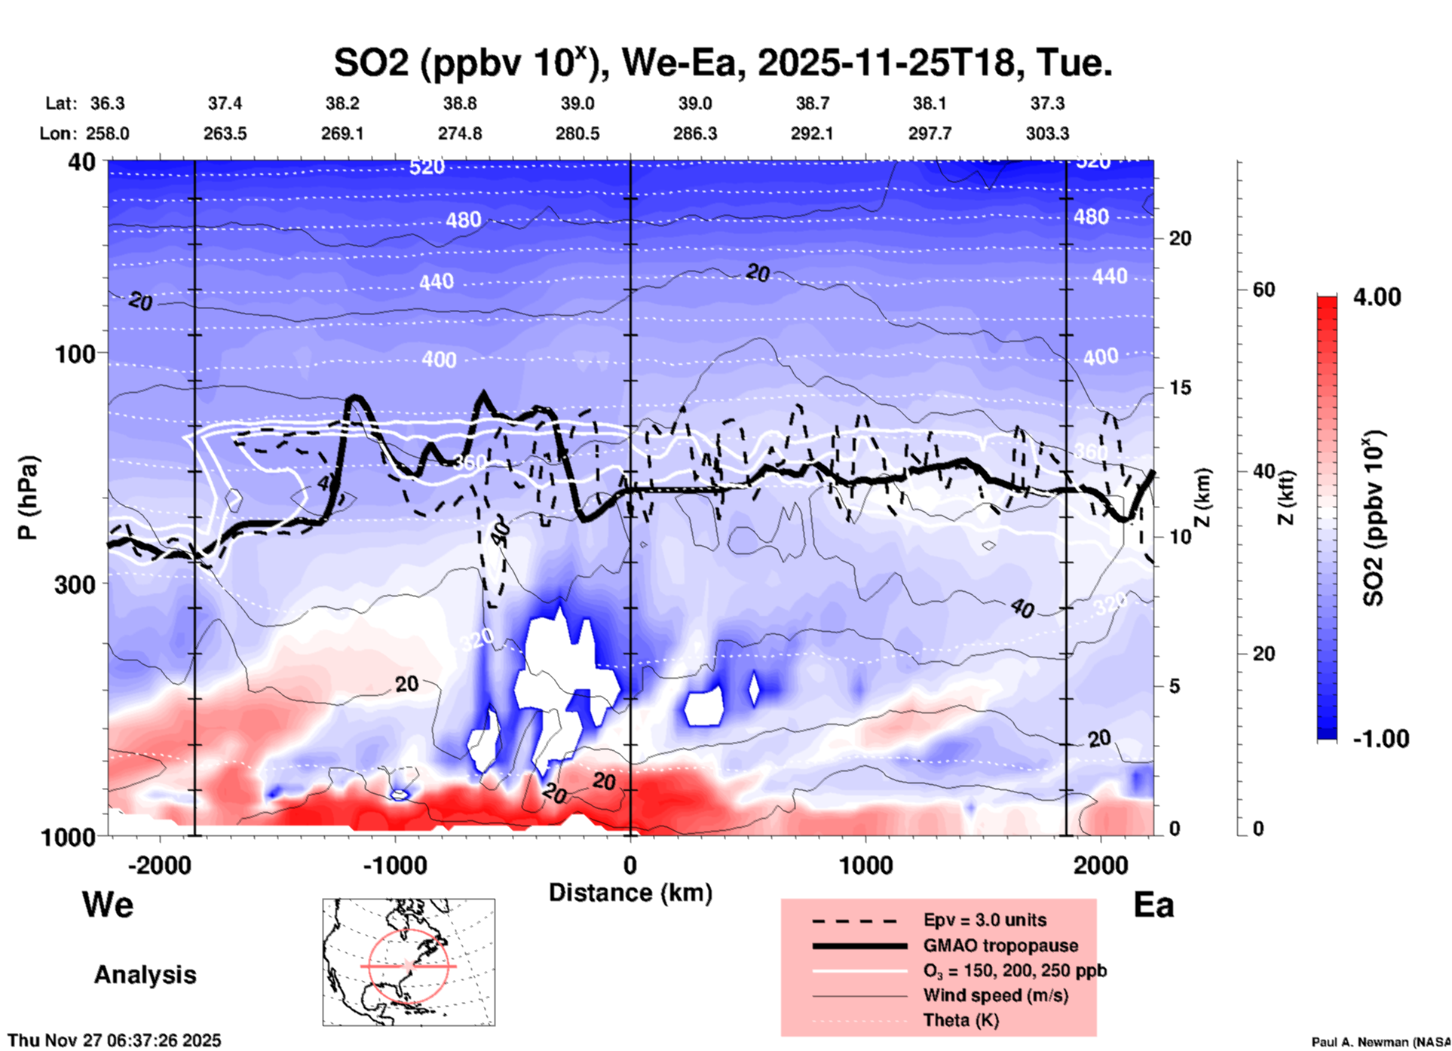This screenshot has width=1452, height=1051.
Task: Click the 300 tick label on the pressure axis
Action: tap(75, 584)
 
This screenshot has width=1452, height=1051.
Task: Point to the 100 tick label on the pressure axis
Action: tap(75, 354)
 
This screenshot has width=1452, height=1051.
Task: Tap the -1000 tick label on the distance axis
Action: tap(394, 866)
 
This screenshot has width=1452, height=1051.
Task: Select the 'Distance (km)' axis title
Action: tap(630, 893)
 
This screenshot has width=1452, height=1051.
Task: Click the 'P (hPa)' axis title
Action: tap(28, 498)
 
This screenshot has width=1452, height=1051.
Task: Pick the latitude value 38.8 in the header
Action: tap(459, 103)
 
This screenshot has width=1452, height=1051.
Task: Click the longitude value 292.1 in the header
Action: tap(812, 133)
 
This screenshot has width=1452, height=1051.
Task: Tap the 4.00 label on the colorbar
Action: tap(1377, 297)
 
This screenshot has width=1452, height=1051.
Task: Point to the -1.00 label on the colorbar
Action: tap(1380, 739)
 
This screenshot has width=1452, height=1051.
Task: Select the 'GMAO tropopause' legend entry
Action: tap(1000, 945)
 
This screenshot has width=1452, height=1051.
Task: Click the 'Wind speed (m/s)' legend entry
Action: tap(995, 995)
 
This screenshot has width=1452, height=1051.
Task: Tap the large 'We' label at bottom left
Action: tap(108, 905)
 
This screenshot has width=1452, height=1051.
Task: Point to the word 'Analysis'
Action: tap(145, 975)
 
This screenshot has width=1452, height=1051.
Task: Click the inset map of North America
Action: tap(409, 962)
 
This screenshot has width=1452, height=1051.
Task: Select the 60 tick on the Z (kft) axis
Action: tap(1264, 290)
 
